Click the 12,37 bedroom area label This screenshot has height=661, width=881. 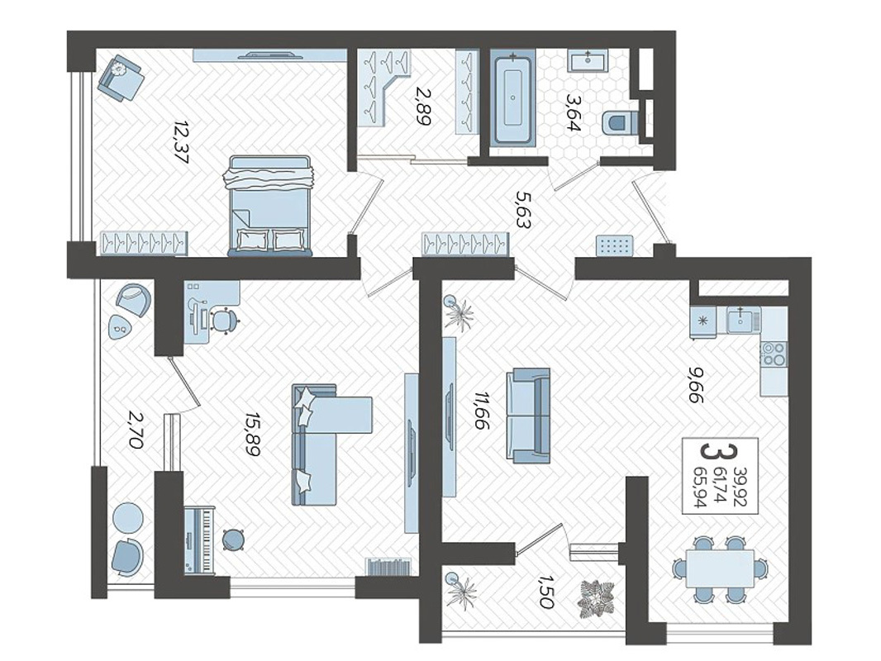pos(181,141)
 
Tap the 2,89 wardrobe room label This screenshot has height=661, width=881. pos(422,105)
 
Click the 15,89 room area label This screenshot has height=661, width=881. pos(252,435)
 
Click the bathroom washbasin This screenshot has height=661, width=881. pos(588,60)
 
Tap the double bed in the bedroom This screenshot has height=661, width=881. pos(269,206)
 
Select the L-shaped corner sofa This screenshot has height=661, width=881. pos(331,445)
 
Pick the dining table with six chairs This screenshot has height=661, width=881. pos(721,569)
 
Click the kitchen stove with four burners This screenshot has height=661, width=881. pos(774,353)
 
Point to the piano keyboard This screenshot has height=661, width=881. pos(200,540)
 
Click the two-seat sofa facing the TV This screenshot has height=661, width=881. pos(529,416)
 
